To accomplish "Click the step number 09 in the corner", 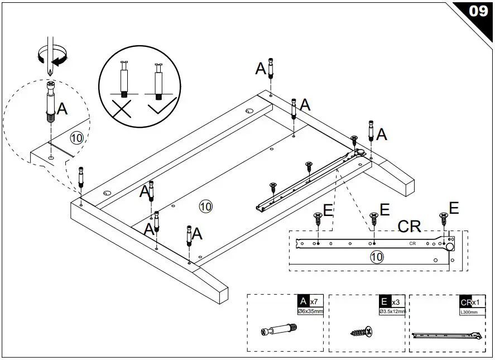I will click(478, 11).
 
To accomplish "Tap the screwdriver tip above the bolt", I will click(50, 74).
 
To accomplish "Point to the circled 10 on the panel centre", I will click(205, 206).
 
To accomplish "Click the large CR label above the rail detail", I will click(409, 226).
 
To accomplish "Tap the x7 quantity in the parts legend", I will click(314, 301).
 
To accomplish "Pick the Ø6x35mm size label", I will click(311, 311).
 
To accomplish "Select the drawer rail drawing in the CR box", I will click(446, 335).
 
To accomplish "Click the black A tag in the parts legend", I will click(303, 301).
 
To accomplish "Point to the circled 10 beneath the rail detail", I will click(377, 257).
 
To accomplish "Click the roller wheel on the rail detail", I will click(449, 246).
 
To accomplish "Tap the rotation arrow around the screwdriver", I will click(51, 54).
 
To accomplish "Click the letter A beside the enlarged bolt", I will click(62, 108).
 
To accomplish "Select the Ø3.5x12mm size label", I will click(392, 311).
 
